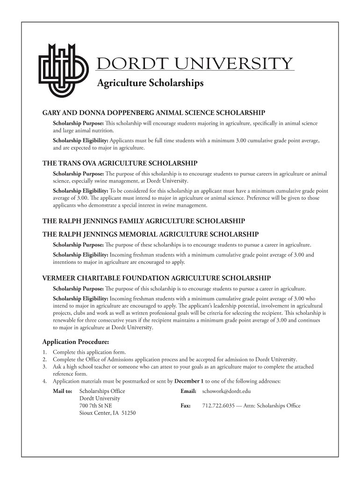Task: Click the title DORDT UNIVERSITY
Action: click(195, 64)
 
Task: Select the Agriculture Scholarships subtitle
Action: click(150, 83)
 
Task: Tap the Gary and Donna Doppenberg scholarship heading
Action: click(154, 113)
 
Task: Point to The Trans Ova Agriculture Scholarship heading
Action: click(120, 163)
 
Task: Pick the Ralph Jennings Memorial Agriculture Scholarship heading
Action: click(151, 234)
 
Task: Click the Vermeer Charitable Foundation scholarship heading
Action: click(157, 277)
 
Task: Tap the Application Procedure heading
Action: click(76, 341)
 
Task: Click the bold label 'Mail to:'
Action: click(63, 391)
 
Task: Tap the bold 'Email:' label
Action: click(188, 391)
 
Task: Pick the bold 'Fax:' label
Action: click(185, 406)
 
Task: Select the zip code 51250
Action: click(128, 413)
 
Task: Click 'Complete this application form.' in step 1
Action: click(89, 352)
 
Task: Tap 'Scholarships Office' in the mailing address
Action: click(102, 391)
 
